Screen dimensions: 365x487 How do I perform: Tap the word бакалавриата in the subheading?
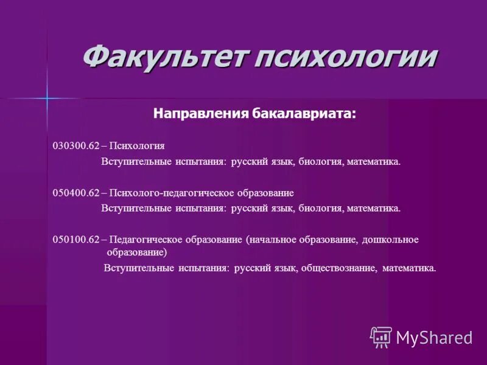(303, 113)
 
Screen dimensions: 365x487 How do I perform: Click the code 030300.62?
(76, 146)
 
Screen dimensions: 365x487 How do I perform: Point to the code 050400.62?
(76, 193)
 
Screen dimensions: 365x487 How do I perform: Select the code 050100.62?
(76, 240)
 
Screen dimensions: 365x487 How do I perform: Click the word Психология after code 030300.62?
(138, 146)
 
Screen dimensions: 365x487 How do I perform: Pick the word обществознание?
(338, 268)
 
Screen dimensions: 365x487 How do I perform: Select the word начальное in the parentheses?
(272, 240)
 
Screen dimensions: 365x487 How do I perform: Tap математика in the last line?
(409, 268)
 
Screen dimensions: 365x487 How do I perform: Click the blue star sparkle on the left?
(47, 97)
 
